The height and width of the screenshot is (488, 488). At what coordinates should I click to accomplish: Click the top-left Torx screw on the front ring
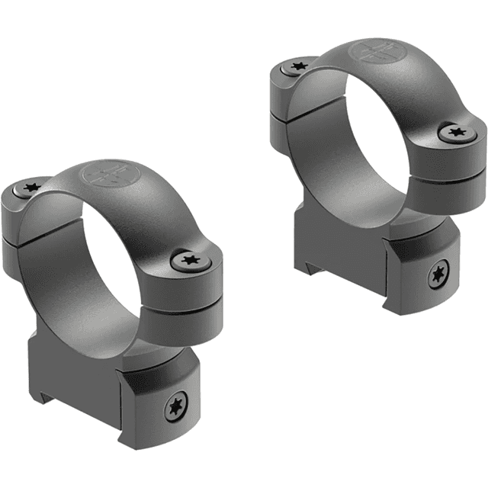click(33, 187)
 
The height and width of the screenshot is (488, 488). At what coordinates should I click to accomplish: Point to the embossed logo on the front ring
click(108, 175)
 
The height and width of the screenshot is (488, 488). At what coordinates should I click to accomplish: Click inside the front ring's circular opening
click(95, 267)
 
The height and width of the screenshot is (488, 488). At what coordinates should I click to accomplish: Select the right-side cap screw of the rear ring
click(456, 133)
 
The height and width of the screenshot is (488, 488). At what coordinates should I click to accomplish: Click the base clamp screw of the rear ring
click(438, 275)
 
